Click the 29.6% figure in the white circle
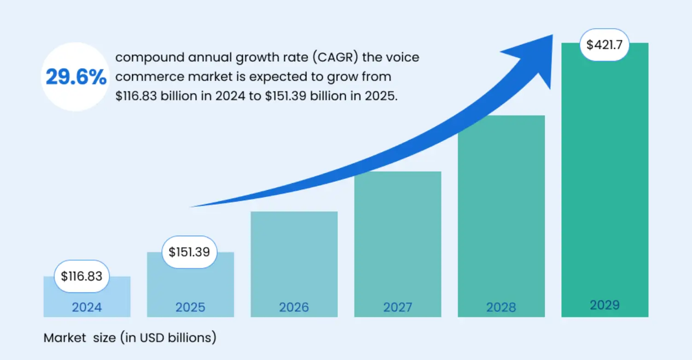click(76, 77)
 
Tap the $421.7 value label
click(604, 45)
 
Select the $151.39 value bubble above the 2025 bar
click(189, 252)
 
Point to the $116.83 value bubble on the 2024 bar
click(82, 276)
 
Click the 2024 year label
click(87, 307)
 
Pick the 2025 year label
click(190, 307)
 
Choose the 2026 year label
click(294, 307)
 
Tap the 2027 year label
click(397, 307)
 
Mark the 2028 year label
click(501, 307)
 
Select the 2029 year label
click(605, 305)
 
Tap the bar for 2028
click(501, 207)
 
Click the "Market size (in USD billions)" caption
click(130, 338)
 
